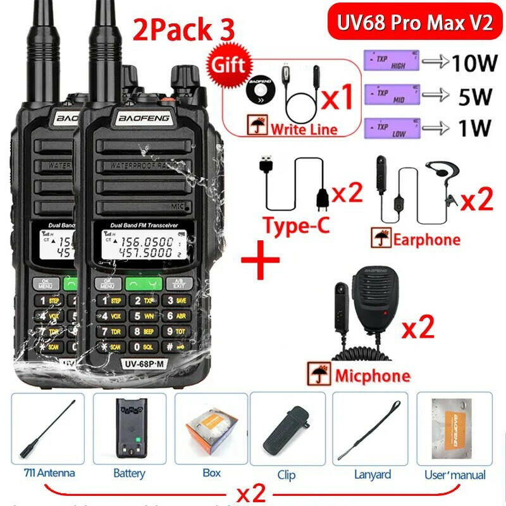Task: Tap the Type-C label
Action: click(x=297, y=225)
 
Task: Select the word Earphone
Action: click(x=426, y=240)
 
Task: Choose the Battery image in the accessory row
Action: click(x=129, y=430)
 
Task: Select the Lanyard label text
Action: click(x=373, y=474)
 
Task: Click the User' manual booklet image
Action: click(x=454, y=430)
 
